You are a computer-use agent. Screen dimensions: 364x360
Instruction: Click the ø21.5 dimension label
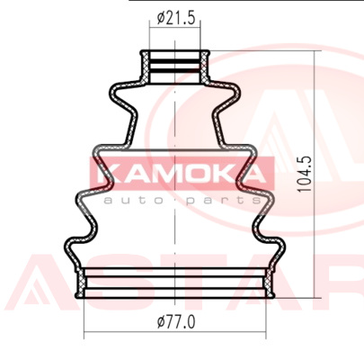click(x=176, y=18)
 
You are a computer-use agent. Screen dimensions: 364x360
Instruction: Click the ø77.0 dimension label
click(x=176, y=322)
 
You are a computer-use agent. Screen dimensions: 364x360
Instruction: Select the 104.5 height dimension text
click(x=304, y=175)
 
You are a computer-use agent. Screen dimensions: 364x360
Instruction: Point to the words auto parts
click(x=182, y=200)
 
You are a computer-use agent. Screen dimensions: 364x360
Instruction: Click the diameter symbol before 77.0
click(x=161, y=322)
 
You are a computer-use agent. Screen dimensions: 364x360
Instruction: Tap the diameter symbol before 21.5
click(x=161, y=18)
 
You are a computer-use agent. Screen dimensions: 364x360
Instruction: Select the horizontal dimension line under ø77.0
click(x=174, y=332)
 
